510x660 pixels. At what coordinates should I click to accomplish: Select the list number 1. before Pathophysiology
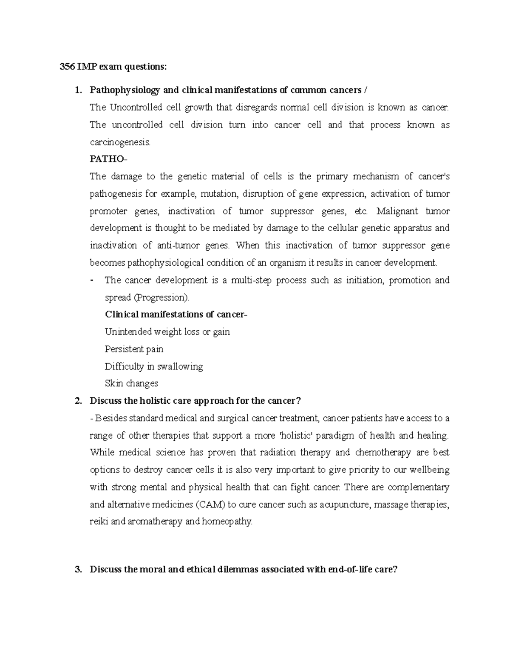(x=77, y=90)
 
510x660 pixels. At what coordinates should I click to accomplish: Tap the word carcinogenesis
(x=120, y=142)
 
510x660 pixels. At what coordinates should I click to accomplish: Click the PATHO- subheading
(x=108, y=159)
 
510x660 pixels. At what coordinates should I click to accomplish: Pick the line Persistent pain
(x=134, y=349)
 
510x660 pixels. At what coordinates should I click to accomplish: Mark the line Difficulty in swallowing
(x=154, y=366)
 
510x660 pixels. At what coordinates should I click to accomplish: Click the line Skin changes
(x=131, y=384)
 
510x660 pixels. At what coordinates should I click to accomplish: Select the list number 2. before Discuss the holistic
(x=77, y=401)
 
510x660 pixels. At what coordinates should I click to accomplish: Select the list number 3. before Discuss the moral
(x=77, y=570)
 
